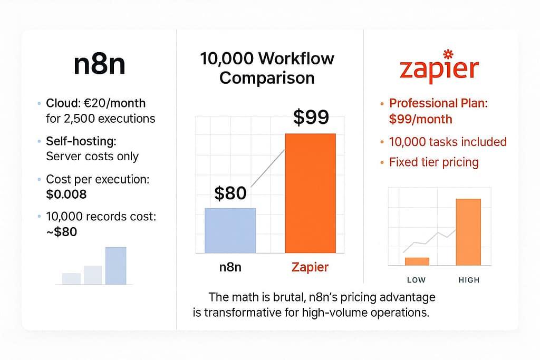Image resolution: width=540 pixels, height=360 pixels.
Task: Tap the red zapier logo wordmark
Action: (x=439, y=71)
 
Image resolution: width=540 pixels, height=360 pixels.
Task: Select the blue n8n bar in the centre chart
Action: (x=230, y=230)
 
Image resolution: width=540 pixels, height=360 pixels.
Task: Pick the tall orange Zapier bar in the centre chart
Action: (x=310, y=193)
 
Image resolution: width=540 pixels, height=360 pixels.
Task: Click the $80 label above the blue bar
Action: (x=230, y=193)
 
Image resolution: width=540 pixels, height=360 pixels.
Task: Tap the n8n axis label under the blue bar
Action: (x=231, y=267)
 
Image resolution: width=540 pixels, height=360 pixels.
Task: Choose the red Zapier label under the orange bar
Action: (x=310, y=267)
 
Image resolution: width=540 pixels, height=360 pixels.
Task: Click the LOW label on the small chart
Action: (x=416, y=279)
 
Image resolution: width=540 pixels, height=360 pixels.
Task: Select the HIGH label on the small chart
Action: (x=468, y=279)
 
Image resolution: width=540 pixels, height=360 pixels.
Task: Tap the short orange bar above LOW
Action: (x=417, y=261)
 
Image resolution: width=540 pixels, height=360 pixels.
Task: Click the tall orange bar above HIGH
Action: (x=468, y=232)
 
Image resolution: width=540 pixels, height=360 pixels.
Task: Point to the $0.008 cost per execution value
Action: (x=66, y=194)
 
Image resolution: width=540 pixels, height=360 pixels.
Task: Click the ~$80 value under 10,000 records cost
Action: (x=62, y=231)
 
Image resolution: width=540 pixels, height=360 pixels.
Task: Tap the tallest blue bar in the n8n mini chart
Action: (x=115, y=266)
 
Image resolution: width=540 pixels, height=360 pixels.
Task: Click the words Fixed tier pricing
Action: (x=433, y=162)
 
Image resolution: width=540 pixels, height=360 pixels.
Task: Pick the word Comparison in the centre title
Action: (x=267, y=78)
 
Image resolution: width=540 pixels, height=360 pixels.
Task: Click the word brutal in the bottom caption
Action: (x=286, y=297)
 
